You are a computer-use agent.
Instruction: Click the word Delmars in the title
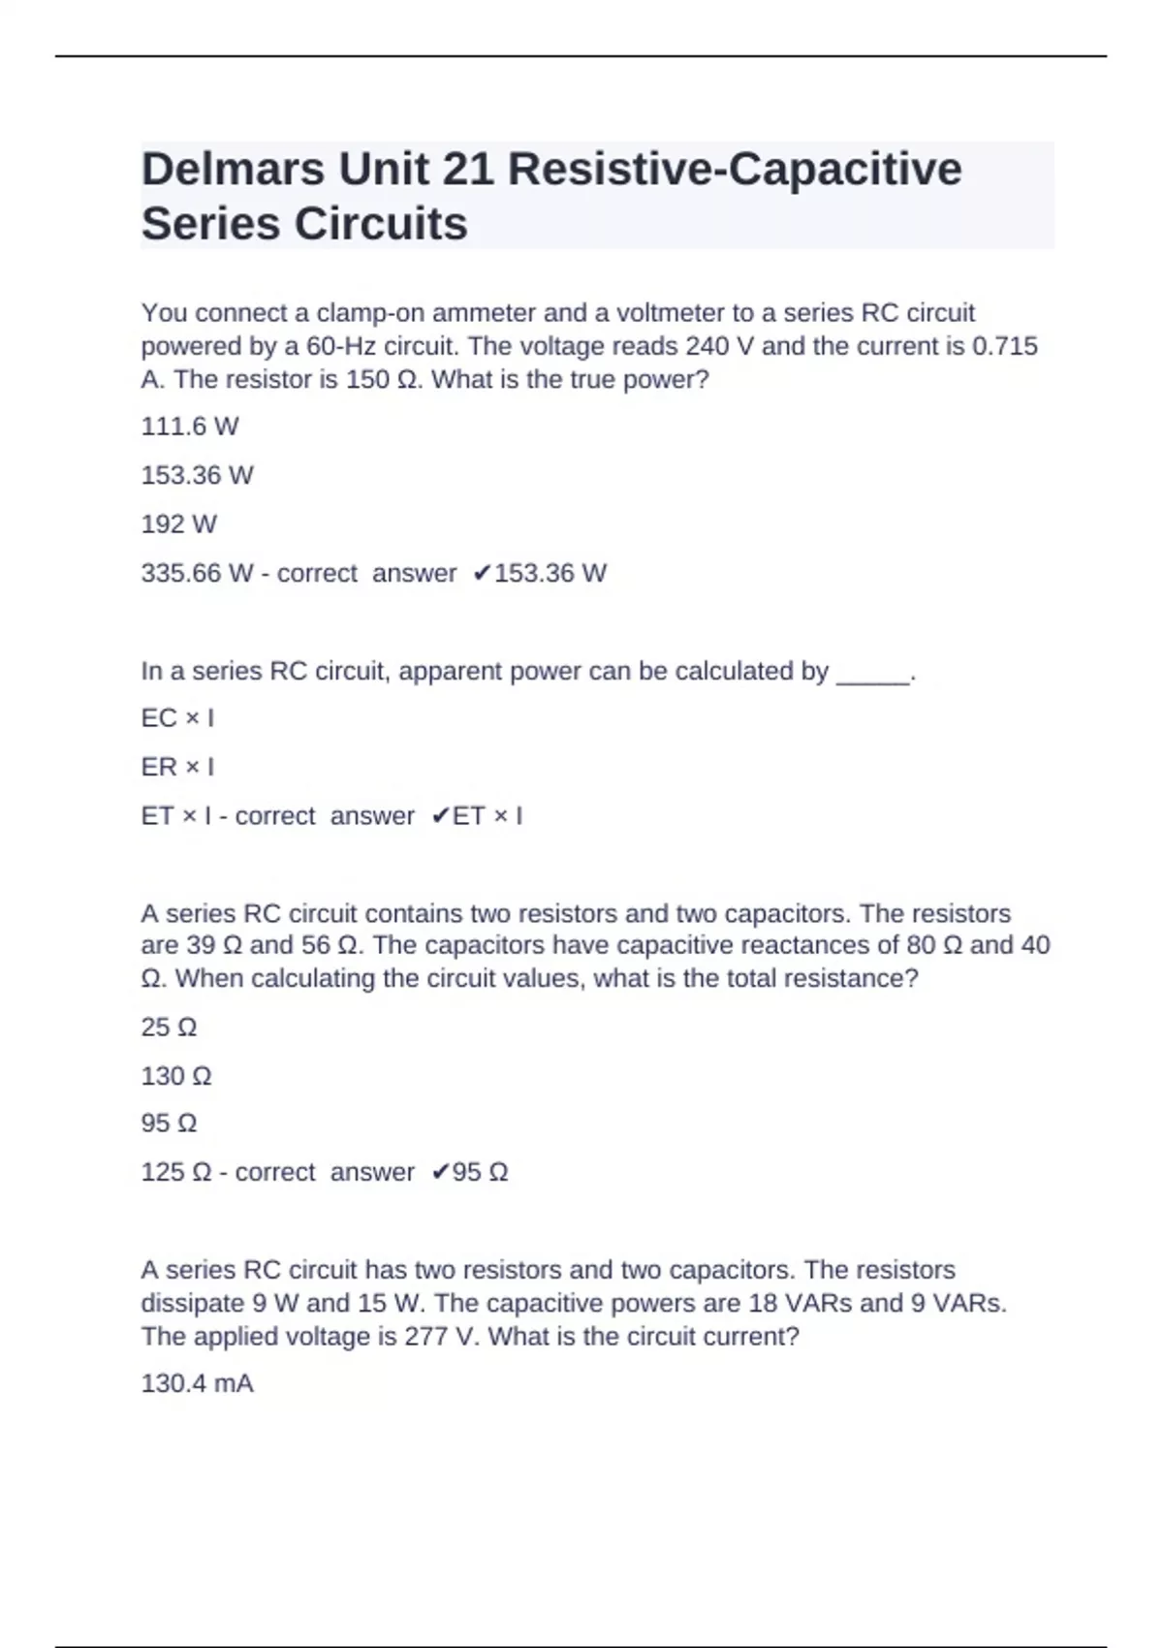tap(233, 170)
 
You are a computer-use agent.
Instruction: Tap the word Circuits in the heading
tap(380, 224)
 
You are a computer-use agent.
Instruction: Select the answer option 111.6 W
tap(190, 427)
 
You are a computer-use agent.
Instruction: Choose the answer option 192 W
tap(179, 524)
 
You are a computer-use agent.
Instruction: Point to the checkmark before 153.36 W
tap(482, 574)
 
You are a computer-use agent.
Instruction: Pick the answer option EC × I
tap(177, 718)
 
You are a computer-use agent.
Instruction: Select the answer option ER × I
tap(177, 767)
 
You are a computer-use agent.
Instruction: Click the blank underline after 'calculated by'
tap(872, 678)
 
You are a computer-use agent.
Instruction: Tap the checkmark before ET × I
tap(440, 816)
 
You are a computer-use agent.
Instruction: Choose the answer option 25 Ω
tap(169, 1027)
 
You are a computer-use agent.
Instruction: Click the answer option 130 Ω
tap(176, 1076)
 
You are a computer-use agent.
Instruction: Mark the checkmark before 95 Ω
tap(440, 1173)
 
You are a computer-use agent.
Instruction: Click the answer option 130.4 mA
tap(197, 1383)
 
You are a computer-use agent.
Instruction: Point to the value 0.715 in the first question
tap(1004, 346)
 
